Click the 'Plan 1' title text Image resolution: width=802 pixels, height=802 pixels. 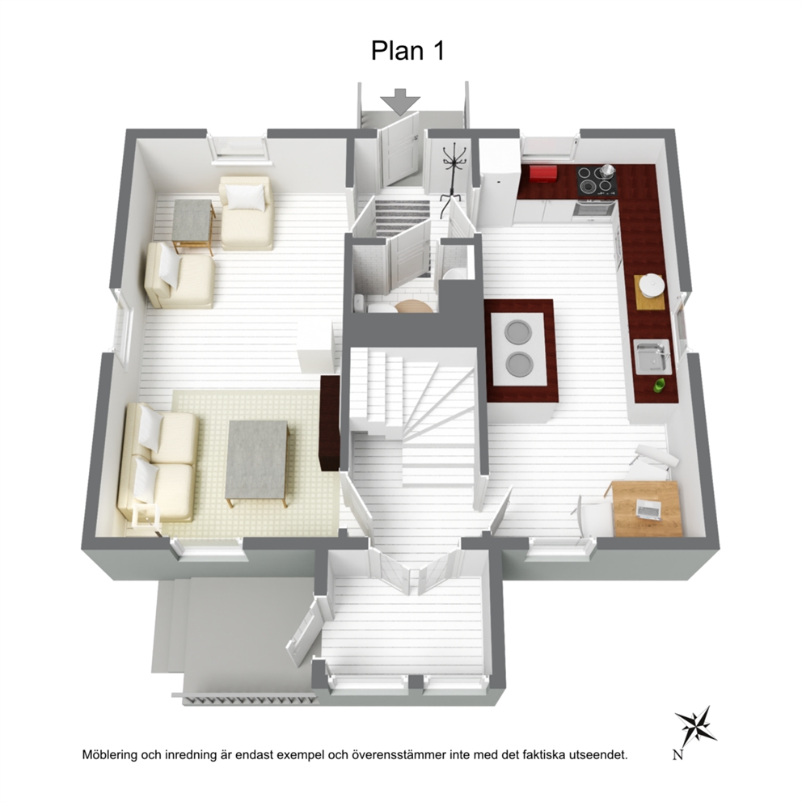pos(407,51)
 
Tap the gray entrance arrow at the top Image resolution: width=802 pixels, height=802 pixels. pos(400,101)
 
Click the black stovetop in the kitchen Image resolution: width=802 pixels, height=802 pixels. pos(597,181)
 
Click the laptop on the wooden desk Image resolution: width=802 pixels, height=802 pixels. pos(648,509)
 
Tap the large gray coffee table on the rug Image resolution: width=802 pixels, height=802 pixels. pos(257,462)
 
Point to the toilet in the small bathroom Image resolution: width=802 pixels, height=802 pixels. pos(379,307)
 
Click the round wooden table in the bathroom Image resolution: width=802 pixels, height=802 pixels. pos(413,306)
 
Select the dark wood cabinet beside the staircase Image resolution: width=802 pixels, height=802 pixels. pos(329,423)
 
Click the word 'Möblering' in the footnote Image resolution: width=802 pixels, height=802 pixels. pos(109,754)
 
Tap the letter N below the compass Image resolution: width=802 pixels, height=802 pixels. pos(677,754)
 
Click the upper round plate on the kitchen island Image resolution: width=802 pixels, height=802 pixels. pos(517,331)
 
